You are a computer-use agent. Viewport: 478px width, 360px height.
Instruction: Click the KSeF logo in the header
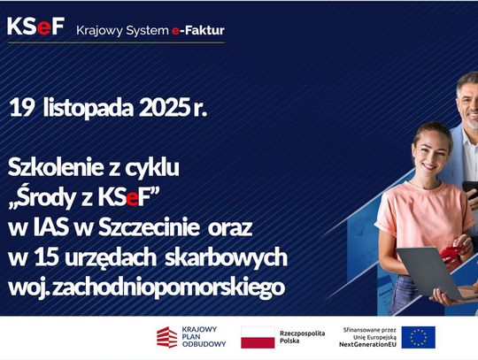pyautogui.click(x=35, y=27)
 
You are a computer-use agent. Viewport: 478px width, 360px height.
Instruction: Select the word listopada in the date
pyautogui.click(x=81, y=109)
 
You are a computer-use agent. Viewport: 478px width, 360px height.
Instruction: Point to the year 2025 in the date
pyautogui.click(x=162, y=108)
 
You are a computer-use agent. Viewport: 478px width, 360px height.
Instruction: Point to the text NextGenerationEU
pyautogui.click(x=368, y=344)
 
